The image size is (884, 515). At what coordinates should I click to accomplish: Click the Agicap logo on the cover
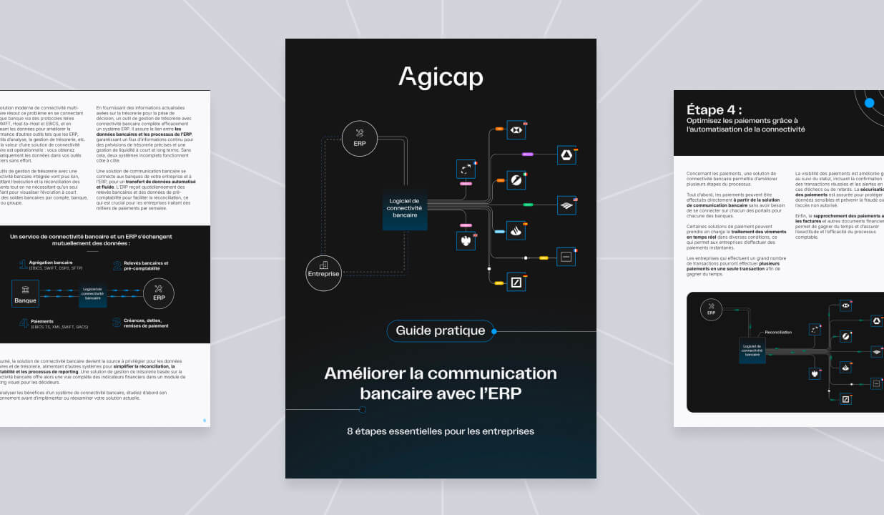[x=441, y=77]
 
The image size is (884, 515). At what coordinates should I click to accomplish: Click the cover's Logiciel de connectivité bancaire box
[x=405, y=208]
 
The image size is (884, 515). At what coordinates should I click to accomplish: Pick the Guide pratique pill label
[x=441, y=331]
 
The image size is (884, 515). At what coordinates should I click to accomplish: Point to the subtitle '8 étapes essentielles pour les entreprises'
[x=441, y=431]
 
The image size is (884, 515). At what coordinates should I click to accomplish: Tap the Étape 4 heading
[x=714, y=110]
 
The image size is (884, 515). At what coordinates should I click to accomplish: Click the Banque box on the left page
[x=25, y=294]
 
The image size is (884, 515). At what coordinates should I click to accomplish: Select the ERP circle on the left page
[x=159, y=293]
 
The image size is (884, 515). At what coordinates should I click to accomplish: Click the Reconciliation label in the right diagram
[x=778, y=333]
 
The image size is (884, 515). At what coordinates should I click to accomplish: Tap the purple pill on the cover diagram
[x=528, y=154]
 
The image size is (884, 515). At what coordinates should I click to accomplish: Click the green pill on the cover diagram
[x=528, y=205]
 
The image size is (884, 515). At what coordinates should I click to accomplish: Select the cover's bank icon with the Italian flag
[x=516, y=180]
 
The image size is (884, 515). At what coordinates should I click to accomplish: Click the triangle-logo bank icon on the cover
[x=566, y=155]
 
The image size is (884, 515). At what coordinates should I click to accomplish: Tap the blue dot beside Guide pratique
[x=494, y=331]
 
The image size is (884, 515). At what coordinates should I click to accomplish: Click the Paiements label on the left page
[x=42, y=321]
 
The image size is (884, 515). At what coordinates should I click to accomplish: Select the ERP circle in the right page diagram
[x=711, y=310]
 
